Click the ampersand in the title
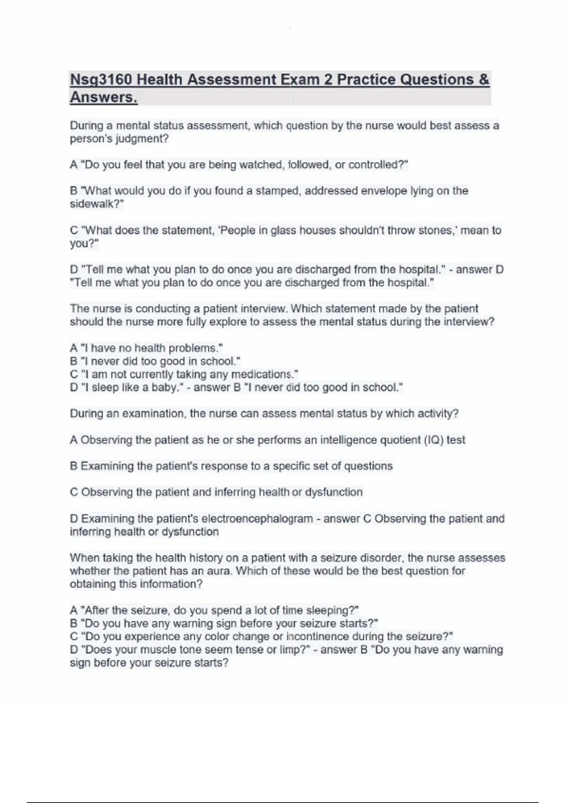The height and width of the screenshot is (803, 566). point(484,80)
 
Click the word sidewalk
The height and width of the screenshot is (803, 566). point(92,204)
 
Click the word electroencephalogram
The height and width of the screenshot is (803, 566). point(258,519)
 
